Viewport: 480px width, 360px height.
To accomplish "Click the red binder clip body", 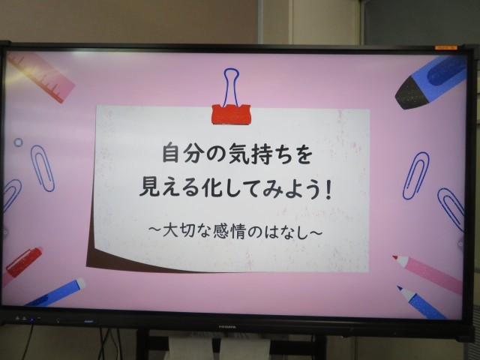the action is click(231, 115).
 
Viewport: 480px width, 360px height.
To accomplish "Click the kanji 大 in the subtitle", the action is click(171, 231).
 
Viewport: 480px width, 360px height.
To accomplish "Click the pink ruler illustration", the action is click(41, 77).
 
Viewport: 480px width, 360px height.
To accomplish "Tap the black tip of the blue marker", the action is click(410, 93).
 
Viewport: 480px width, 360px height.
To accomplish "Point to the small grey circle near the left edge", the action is click(18, 142).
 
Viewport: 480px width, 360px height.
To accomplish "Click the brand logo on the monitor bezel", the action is click(227, 327).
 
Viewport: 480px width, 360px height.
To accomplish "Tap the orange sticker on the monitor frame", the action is click(445, 47).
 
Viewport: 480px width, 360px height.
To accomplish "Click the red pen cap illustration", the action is click(24, 262).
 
